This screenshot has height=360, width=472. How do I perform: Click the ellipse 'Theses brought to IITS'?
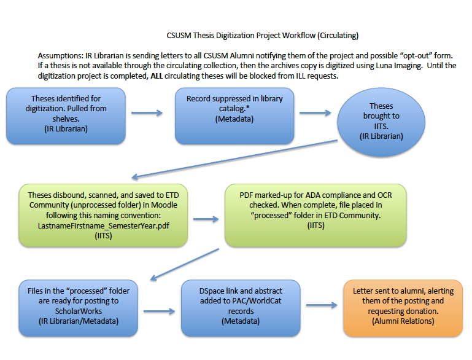point(381,121)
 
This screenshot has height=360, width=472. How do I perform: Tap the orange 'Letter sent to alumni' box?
point(403,308)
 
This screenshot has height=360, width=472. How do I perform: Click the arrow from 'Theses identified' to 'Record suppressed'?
point(147,113)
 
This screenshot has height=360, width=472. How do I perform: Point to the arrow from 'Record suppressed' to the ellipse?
point(315,113)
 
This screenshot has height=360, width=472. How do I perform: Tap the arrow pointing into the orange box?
point(322,305)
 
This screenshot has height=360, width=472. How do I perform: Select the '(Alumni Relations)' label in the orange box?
point(403,322)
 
